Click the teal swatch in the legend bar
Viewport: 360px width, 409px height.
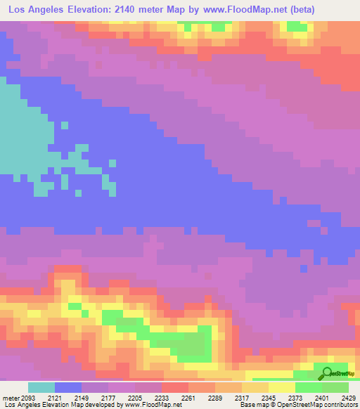click(41, 387)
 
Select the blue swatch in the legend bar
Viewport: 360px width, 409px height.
click(68, 387)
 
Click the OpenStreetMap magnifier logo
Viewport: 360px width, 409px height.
click(326, 374)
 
